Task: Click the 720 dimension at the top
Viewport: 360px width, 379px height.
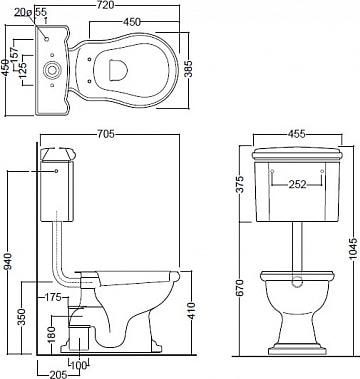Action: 107,5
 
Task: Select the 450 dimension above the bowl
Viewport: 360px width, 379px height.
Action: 132,22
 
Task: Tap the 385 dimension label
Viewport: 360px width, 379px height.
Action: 189,69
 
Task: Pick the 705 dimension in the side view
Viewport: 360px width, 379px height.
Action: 106,134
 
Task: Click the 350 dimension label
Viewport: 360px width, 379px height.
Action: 21,317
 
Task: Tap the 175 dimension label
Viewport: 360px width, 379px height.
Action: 53,297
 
